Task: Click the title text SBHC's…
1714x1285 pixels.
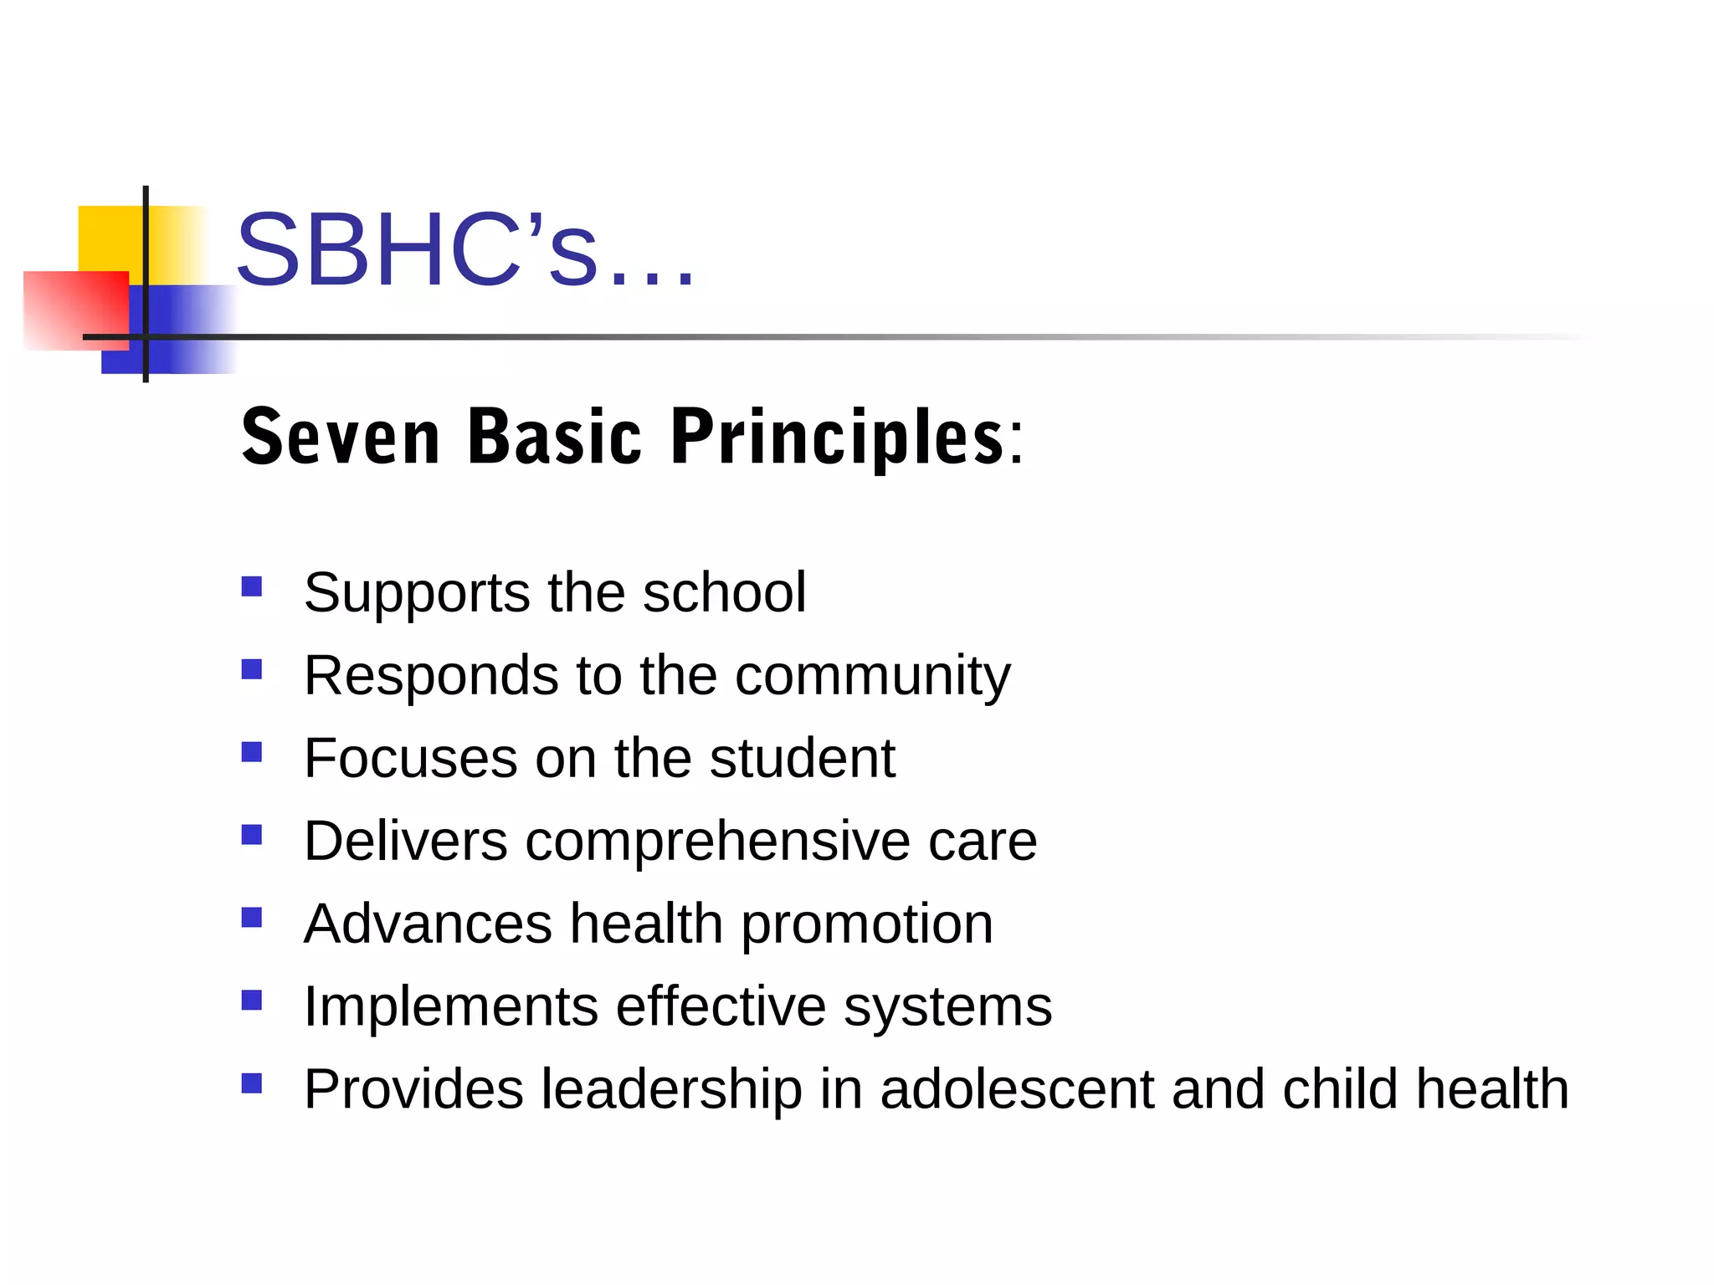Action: tap(465, 251)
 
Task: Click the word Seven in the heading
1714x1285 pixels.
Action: tap(341, 437)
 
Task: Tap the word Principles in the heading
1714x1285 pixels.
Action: tap(837, 437)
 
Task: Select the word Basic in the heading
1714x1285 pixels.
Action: tap(555, 437)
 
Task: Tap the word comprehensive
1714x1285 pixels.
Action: tap(717, 841)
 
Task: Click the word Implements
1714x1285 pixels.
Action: tap(451, 1006)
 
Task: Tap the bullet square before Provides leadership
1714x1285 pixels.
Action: tap(252, 1083)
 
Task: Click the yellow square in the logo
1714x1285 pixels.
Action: tap(109, 238)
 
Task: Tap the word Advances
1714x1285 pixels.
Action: tap(428, 924)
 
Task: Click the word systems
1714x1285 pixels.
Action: tap(947, 1008)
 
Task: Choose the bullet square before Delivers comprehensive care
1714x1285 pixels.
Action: tap(252, 835)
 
